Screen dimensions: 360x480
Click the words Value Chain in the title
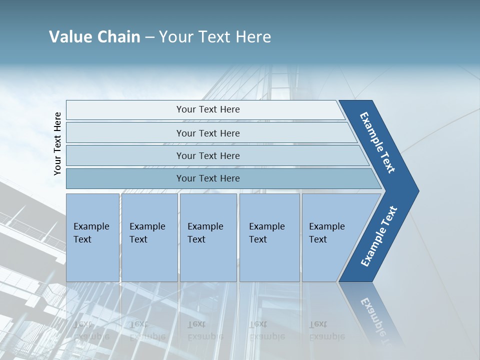pyautogui.click(x=94, y=37)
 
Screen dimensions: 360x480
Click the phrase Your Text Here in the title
pyautogui.click(x=215, y=37)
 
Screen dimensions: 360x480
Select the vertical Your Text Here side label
pyautogui.click(x=57, y=144)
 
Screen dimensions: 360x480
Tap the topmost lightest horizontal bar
pyautogui.click(x=125, y=110)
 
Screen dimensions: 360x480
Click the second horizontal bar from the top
pyautogui.click(x=125, y=133)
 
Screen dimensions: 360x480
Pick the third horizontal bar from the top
pyautogui.click(x=125, y=155)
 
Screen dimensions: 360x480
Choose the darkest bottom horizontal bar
pyautogui.click(x=125, y=178)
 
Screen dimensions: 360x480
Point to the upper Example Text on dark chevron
pyautogui.click(x=377, y=143)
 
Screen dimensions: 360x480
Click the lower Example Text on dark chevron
pyautogui.click(x=378, y=236)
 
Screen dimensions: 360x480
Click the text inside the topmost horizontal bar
pyautogui.click(x=208, y=109)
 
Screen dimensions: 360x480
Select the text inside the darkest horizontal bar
pyautogui.click(x=208, y=178)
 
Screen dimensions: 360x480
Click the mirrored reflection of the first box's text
pyautogui.click(x=91, y=330)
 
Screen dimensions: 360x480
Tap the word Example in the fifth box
pyautogui.click(x=326, y=226)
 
